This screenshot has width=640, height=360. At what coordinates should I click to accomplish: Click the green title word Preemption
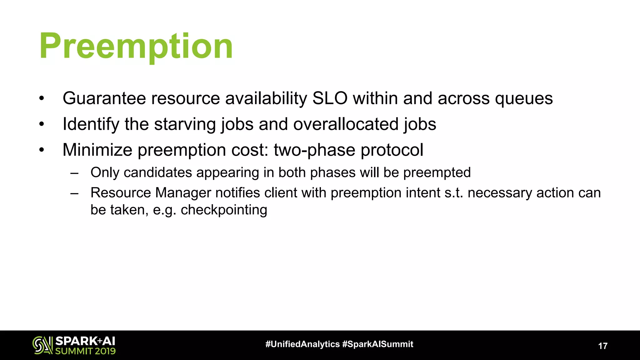pos(136,46)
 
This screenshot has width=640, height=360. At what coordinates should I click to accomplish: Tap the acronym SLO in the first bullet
pos(330,98)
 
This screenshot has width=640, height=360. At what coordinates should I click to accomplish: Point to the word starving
pos(185,124)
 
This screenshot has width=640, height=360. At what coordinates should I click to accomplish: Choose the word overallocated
pos(345,124)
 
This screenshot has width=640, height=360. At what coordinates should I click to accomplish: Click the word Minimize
pos(97,150)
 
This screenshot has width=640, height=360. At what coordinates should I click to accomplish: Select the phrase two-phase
pos(314,150)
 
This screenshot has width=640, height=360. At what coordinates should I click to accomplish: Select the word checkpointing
pos(224,210)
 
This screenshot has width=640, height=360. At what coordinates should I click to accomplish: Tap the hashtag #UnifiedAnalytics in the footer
pos(302,344)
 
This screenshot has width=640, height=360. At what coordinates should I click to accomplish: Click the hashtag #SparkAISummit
pos(378,344)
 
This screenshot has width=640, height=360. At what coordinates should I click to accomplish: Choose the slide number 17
pos(602,346)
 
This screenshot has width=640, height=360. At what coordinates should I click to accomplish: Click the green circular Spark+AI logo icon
pos(42,345)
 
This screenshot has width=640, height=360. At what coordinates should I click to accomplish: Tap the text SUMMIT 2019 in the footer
pos(85,351)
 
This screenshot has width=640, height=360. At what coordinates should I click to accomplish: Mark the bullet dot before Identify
pos(42,124)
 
